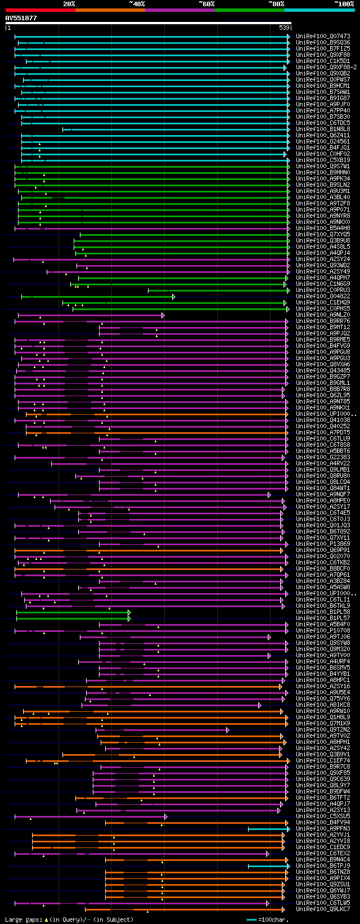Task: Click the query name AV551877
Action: [21, 18]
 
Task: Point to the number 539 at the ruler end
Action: [284, 28]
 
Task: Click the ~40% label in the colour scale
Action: [137, 4]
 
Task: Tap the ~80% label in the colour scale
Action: [276, 4]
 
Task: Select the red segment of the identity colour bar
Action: [40, 10]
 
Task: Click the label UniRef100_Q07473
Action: [322, 37]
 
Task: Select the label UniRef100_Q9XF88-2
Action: [326, 68]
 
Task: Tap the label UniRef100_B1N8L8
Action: [322, 129]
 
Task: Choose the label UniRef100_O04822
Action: [322, 297]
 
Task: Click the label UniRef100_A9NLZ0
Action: [322, 315]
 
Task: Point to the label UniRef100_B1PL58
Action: [322, 612]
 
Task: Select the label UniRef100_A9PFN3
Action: [322, 829]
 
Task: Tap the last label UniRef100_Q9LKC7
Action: [322, 909]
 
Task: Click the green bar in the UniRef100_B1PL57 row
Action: [73, 618]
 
